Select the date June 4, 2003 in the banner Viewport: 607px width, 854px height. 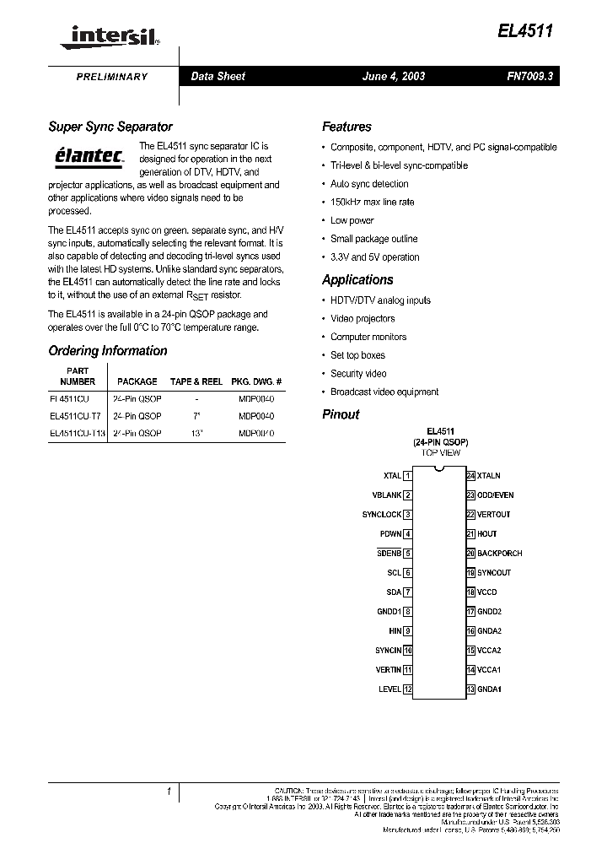tap(393, 76)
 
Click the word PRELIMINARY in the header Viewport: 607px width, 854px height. tap(112, 77)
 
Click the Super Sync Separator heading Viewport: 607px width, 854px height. tap(110, 127)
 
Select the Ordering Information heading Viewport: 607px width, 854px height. tap(108, 350)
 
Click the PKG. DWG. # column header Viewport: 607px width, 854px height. tap(256, 381)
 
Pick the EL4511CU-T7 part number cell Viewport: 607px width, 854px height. tap(75, 416)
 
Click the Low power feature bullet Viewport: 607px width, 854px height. tap(352, 220)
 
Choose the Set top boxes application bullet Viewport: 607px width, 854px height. tap(357, 355)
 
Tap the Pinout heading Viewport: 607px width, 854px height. tap(341, 414)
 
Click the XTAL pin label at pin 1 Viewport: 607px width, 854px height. tap(392, 476)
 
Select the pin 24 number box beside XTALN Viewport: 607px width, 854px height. tap(471, 476)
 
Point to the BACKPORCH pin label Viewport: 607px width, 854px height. tap(500, 554)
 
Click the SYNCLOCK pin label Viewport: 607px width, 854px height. tap(382, 515)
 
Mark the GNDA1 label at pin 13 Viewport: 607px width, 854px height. tap(489, 689)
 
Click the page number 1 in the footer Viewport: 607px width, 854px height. tap(169, 792)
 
